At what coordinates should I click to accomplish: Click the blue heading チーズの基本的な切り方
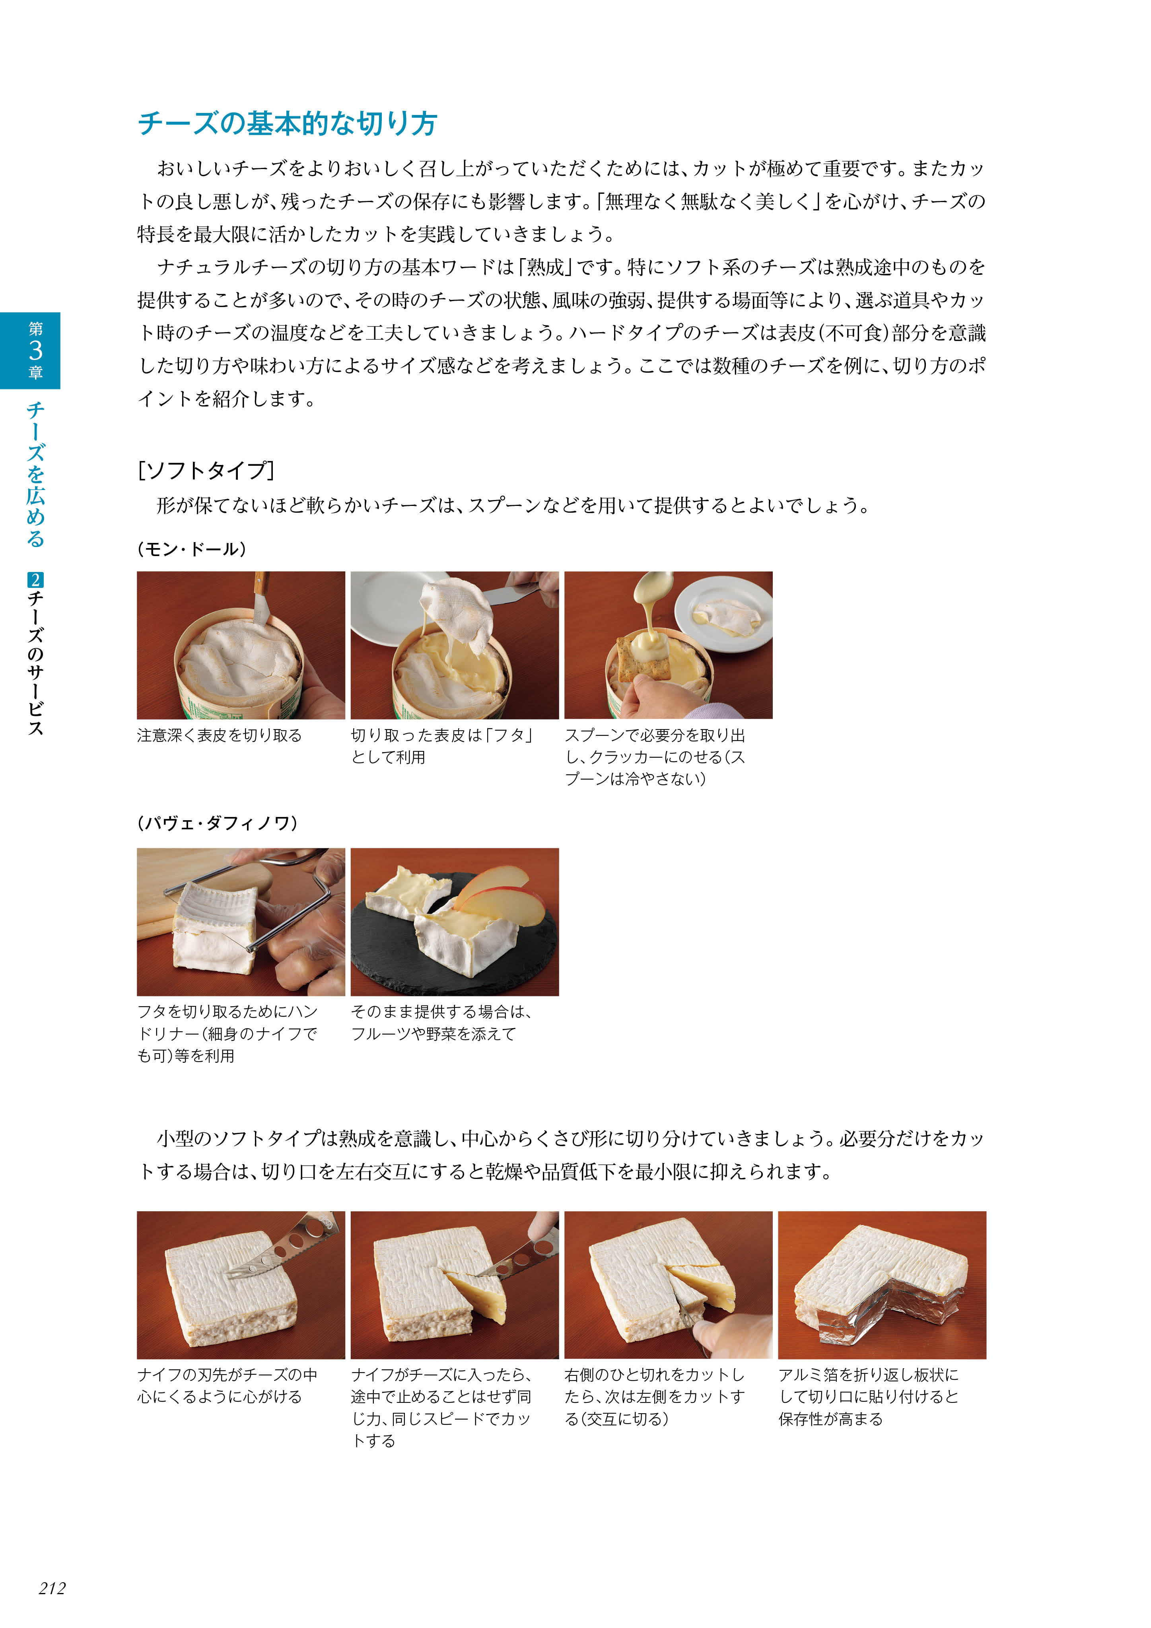point(287,123)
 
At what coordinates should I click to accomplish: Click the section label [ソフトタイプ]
point(206,470)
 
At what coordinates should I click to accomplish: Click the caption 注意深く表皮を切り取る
point(219,735)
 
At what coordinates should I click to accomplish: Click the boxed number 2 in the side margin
point(35,579)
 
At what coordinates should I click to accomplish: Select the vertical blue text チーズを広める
point(35,475)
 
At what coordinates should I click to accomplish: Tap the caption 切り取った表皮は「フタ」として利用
point(441,746)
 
